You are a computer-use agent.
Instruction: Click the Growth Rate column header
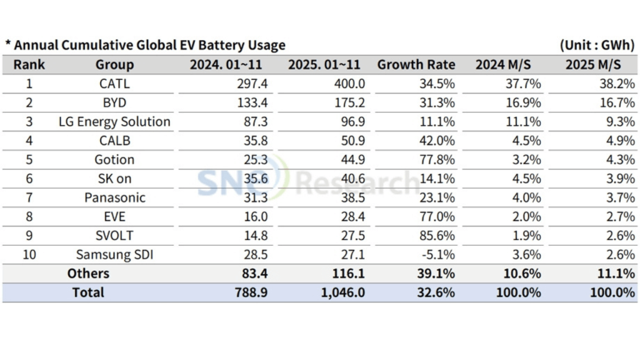pyautogui.click(x=416, y=65)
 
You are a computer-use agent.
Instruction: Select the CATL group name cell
pyautogui.click(x=114, y=84)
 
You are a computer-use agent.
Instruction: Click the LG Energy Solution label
pyautogui.click(x=114, y=122)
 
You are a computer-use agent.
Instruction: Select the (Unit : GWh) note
pyautogui.click(x=597, y=45)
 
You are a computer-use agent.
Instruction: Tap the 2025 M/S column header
pyautogui.click(x=593, y=65)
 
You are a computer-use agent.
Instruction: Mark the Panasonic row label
pyautogui.click(x=114, y=197)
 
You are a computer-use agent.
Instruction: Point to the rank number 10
pyautogui.click(x=29, y=254)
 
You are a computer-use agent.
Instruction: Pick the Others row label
pyautogui.click(x=88, y=273)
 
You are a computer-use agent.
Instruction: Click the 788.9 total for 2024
pyautogui.click(x=252, y=292)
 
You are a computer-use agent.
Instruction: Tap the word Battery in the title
pyautogui.click(x=222, y=45)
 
